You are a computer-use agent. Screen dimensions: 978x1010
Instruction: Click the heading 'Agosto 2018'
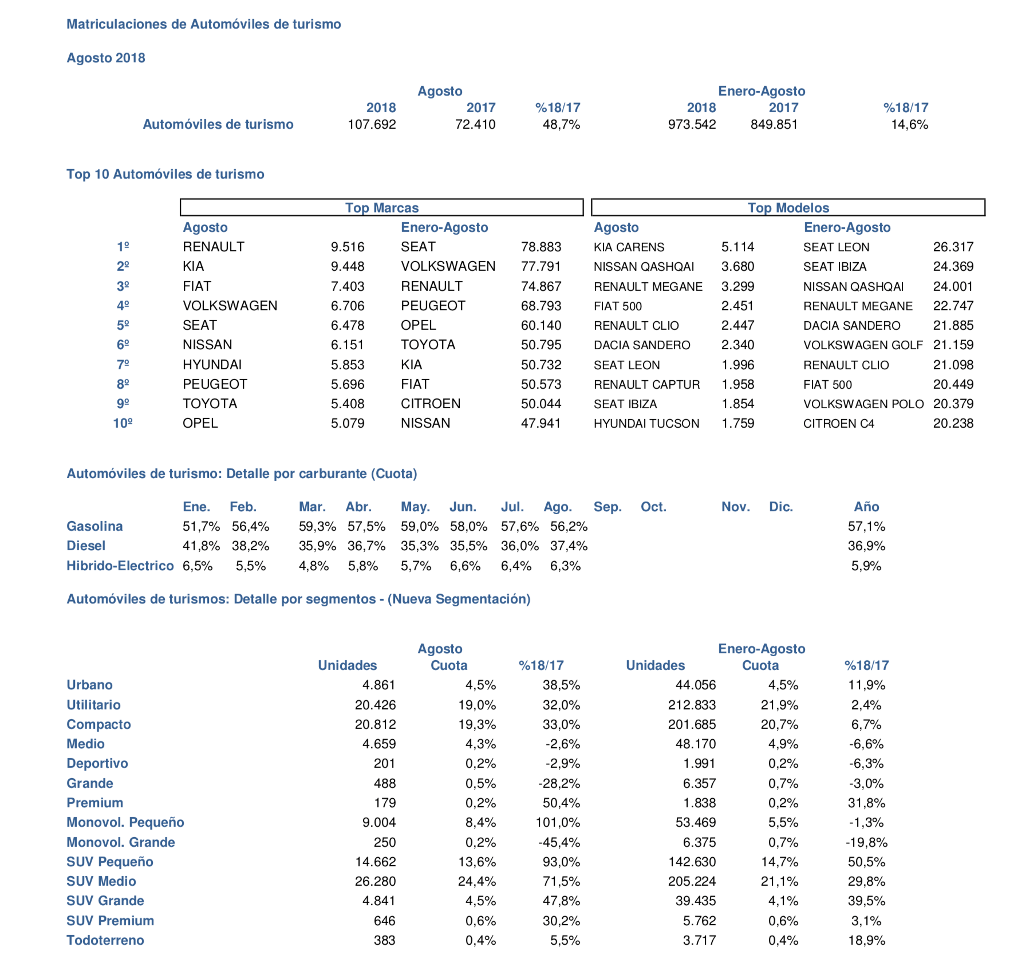(x=106, y=58)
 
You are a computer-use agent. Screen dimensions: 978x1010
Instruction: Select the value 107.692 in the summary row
(x=372, y=124)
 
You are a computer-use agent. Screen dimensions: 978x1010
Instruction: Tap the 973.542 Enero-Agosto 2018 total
(x=692, y=124)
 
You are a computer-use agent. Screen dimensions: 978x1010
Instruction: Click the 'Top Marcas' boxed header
(x=381, y=207)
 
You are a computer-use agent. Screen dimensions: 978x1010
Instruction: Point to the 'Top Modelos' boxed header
(x=788, y=207)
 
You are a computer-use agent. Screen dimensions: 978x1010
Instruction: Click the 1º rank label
(x=123, y=247)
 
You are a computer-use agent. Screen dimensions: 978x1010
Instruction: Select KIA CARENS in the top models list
(x=629, y=247)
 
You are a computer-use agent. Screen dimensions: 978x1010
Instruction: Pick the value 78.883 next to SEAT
(x=540, y=247)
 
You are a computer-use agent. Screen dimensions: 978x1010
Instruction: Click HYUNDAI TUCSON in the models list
(x=646, y=424)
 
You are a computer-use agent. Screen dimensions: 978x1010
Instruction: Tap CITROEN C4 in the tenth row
(x=838, y=424)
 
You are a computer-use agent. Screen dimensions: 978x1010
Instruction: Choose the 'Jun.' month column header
(x=463, y=507)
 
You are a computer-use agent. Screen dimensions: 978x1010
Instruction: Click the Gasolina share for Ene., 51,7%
(x=201, y=526)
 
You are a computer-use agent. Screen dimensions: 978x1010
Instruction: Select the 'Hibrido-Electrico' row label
(x=120, y=566)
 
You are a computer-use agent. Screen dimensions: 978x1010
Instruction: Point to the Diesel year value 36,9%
(x=866, y=546)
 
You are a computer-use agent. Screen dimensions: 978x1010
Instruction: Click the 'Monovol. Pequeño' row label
(x=125, y=822)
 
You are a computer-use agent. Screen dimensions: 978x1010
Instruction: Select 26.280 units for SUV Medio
(x=375, y=881)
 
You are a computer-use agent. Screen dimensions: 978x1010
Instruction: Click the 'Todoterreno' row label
(x=105, y=940)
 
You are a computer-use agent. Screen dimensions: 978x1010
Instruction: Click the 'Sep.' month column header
(x=607, y=507)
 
